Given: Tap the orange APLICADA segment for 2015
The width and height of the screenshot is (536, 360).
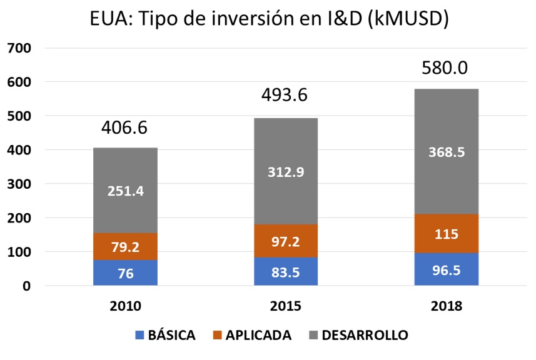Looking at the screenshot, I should (286, 241).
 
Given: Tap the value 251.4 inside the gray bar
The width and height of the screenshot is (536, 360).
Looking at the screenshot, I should (124, 191).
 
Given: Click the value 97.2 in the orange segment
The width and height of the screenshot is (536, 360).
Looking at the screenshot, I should (286, 241).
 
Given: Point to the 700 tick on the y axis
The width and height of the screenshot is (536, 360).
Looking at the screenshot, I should (18, 48).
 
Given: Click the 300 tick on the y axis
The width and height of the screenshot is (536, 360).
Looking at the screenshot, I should (18, 184).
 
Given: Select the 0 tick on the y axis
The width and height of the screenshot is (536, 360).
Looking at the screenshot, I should (26, 286).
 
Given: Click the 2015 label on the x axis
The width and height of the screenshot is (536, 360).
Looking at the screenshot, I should (286, 306).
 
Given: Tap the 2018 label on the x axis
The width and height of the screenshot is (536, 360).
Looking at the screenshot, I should (447, 306).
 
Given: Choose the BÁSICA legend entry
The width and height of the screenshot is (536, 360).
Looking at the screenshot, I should (165, 335).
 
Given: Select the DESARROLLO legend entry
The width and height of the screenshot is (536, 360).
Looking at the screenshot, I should (358, 335).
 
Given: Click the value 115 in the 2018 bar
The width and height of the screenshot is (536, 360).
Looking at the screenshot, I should (447, 234).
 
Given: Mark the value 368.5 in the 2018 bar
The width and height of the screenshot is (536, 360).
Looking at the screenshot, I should (447, 152).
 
